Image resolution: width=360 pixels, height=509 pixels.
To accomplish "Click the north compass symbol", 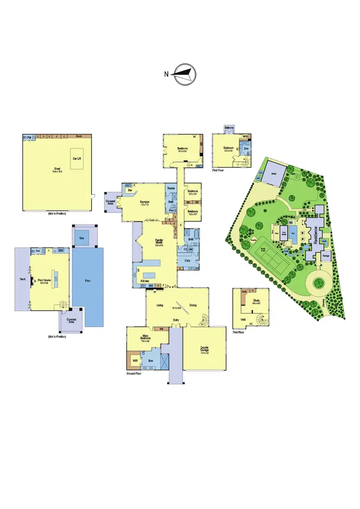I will click(x=185, y=74).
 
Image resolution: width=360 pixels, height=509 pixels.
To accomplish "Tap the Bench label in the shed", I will click(x=79, y=136).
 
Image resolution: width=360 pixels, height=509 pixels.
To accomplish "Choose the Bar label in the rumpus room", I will click(x=130, y=189).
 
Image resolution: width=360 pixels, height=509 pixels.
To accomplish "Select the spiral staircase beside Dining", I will click(x=204, y=318).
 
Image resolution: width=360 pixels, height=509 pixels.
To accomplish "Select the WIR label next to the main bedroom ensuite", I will click(x=135, y=359).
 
